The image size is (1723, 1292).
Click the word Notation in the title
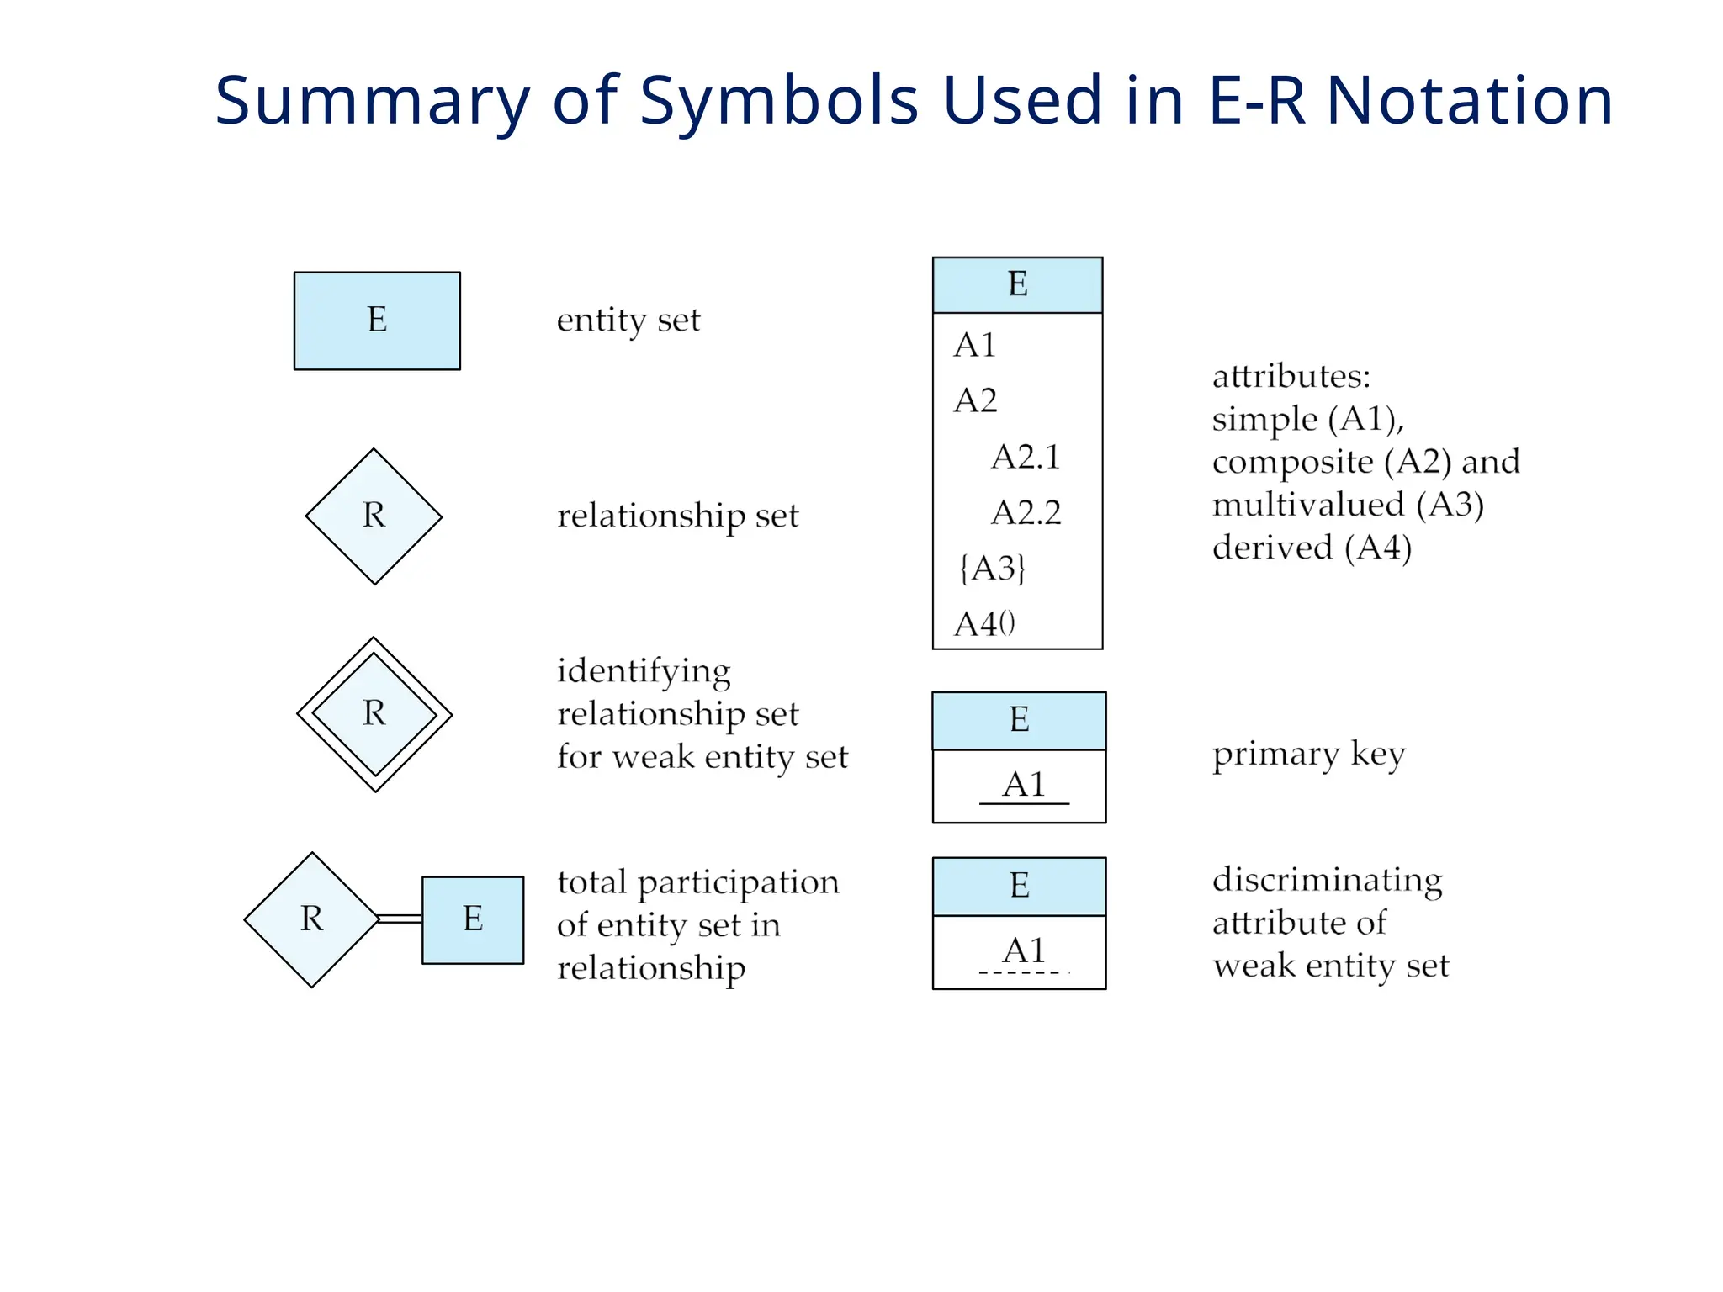[x=1469, y=100]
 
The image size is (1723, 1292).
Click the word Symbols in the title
[x=778, y=100]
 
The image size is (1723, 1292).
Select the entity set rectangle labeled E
[x=377, y=320]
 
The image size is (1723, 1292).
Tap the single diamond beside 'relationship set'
[x=374, y=516]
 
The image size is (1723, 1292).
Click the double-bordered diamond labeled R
[x=374, y=714]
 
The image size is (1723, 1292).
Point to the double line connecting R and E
[x=400, y=919]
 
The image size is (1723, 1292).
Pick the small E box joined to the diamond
[x=472, y=919]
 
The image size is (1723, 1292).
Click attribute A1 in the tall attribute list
[x=974, y=345]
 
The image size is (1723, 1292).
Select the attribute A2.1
[x=1026, y=457]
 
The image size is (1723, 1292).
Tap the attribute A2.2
[x=1026, y=512]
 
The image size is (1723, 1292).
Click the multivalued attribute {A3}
[x=992, y=569]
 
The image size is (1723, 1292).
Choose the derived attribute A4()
[x=984, y=624]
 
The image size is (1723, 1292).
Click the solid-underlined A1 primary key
[x=1024, y=786]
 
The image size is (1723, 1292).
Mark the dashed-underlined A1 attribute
[x=1024, y=951]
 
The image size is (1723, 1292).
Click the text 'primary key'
[x=1308, y=755]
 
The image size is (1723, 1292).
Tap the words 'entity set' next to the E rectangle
[x=628, y=320]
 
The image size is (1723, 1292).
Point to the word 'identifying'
[x=644, y=671]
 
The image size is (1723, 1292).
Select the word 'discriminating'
[x=1327, y=880]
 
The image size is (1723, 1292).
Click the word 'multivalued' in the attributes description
[x=1307, y=505]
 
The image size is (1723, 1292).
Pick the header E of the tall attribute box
[x=1017, y=284]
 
